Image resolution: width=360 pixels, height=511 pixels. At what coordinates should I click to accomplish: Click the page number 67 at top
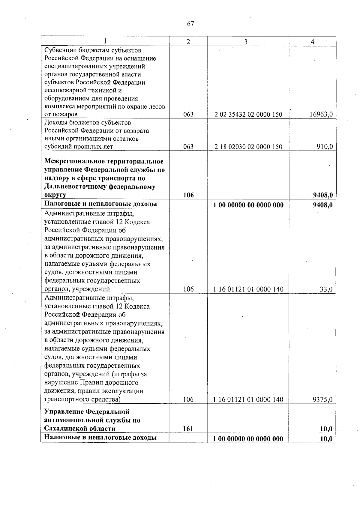tap(190, 24)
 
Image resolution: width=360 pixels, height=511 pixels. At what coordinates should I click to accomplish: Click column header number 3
tap(246, 42)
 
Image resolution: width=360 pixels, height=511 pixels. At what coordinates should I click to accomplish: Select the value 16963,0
tap(321, 114)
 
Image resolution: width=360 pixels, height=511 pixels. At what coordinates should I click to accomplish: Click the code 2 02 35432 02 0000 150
tap(248, 114)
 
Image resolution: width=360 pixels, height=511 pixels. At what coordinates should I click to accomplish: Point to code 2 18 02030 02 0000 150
tap(248, 147)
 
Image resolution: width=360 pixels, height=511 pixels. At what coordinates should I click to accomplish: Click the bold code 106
tap(188, 195)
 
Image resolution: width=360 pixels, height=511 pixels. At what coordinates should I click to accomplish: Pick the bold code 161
tap(188, 429)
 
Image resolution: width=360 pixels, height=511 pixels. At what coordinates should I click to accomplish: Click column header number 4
tap(312, 42)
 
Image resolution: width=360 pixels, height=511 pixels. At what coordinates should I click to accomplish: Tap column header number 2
tap(188, 42)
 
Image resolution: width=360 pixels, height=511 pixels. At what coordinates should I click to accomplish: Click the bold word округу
tap(55, 195)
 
